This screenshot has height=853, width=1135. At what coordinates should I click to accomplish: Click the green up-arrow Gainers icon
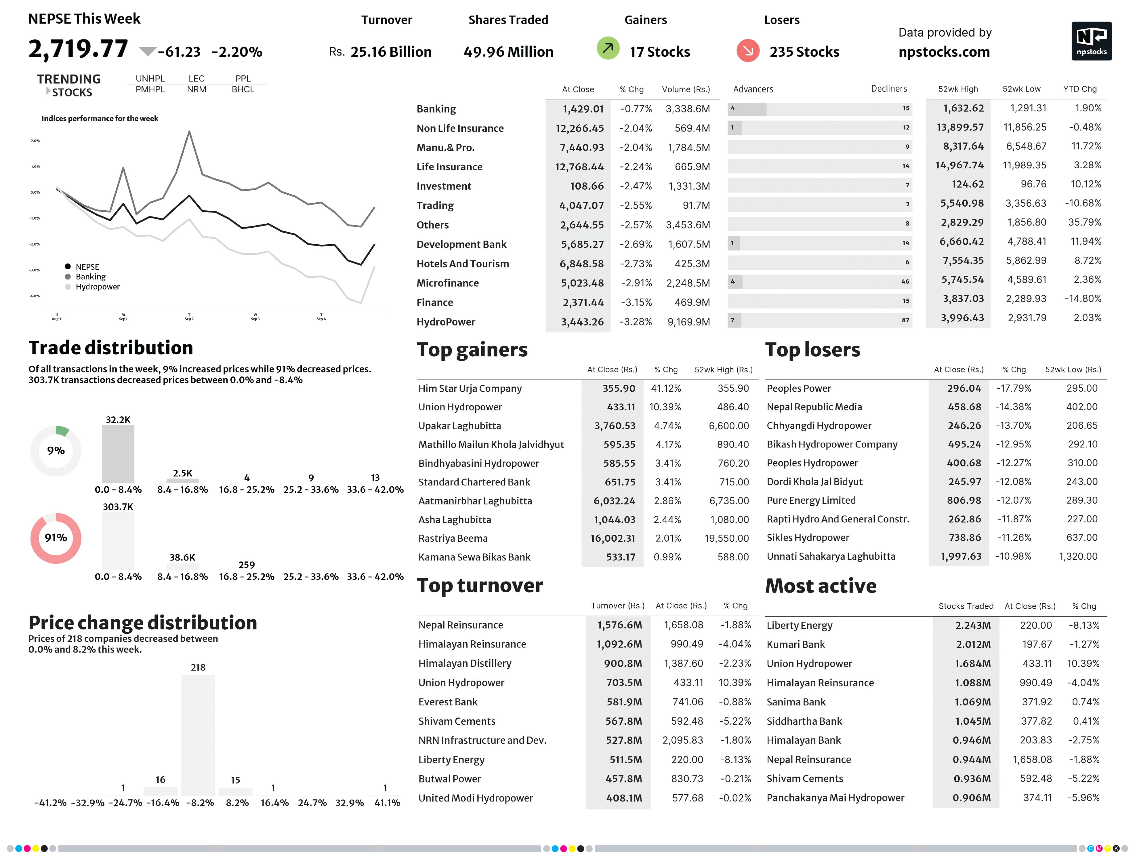click(608, 49)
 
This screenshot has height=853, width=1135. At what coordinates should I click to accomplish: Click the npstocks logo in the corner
click(1091, 41)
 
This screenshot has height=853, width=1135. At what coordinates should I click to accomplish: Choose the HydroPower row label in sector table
click(446, 322)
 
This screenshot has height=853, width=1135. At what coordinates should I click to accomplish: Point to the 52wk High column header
click(958, 89)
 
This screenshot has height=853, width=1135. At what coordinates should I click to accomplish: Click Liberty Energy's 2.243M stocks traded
click(972, 625)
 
